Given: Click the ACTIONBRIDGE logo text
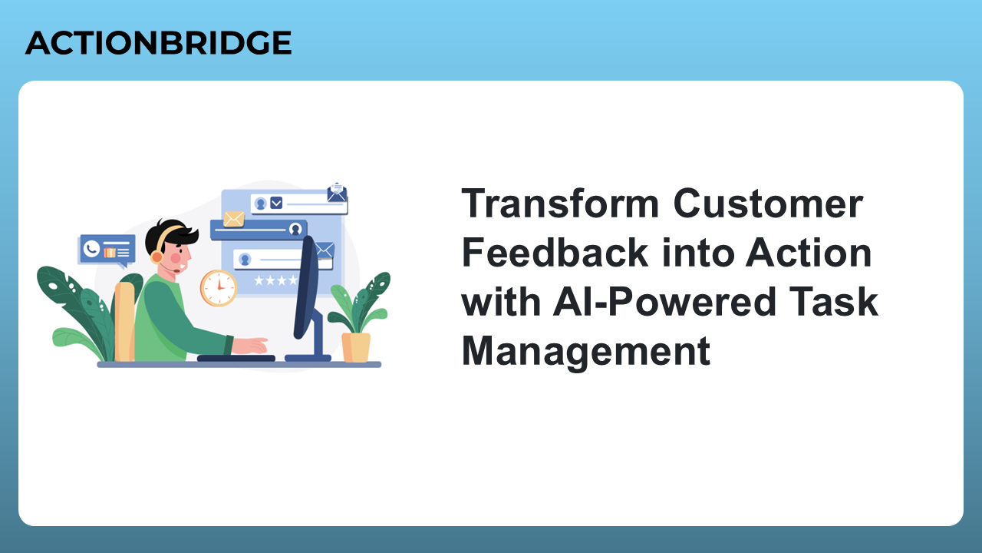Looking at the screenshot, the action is click(x=158, y=42).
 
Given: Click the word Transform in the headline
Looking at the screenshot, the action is click(x=560, y=204).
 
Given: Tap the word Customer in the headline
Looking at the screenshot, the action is click(x=768, y=204).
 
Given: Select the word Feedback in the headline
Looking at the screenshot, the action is click(x=555, y=253).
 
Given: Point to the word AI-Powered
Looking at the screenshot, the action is click(x=665, y=302).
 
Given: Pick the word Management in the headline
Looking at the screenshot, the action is click(x=586, y=352).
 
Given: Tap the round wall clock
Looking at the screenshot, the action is click(x=219, y=288).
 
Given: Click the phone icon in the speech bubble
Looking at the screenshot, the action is click(x=91, y=250).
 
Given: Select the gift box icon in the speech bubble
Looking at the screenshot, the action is click(x=110, y=252).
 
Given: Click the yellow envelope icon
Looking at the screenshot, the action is click(x=234, y=219).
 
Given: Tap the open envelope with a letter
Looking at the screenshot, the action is click(x=337, y=193).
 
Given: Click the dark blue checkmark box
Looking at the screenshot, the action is click(x=276, y=203).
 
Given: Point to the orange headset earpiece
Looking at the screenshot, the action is click(x=157, y=257).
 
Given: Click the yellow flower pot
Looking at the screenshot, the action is click(x=356, y=347).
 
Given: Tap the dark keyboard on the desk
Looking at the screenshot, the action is click(x=236, y=358).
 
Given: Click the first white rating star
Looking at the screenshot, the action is click(x=259, y=280).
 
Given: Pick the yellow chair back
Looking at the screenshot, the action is click(x=124, y=321).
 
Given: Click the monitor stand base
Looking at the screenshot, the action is click(x=308, y=358).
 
